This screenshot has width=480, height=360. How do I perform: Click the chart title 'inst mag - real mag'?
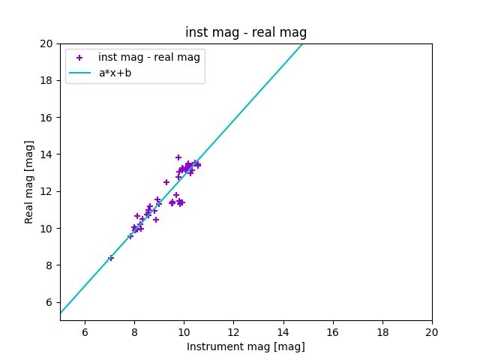point(246,32)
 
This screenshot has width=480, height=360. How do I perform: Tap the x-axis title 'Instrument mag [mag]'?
point(246,346)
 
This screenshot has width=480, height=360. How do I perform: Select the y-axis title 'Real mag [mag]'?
point(30,181)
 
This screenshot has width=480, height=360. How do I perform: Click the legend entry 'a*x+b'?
point(115,73)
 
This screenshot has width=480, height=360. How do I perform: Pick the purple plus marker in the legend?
point(79,58)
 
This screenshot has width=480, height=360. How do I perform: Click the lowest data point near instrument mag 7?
point(111,258)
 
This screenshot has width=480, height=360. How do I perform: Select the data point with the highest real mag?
point(178,157)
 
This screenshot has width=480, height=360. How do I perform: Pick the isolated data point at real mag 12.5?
point(166,182)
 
